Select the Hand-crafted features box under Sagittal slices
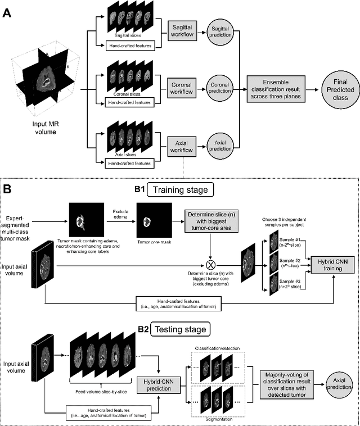point(130,45)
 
